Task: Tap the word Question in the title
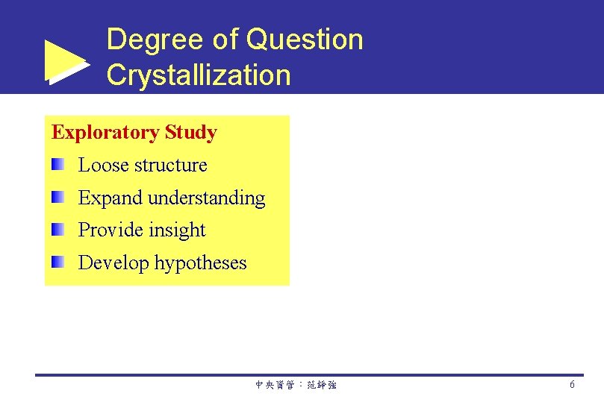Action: click(305, 40)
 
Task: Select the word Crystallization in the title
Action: click(199, 75)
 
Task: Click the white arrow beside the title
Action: click(66, 61)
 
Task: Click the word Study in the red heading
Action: click(190, 133)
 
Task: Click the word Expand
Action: click(110, 198)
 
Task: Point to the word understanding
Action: click(207, 198)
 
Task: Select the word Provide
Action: click(110, 230)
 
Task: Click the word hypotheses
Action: click(200, 263)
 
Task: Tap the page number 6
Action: click(572, 385)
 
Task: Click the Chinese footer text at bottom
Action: click(296, 386)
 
